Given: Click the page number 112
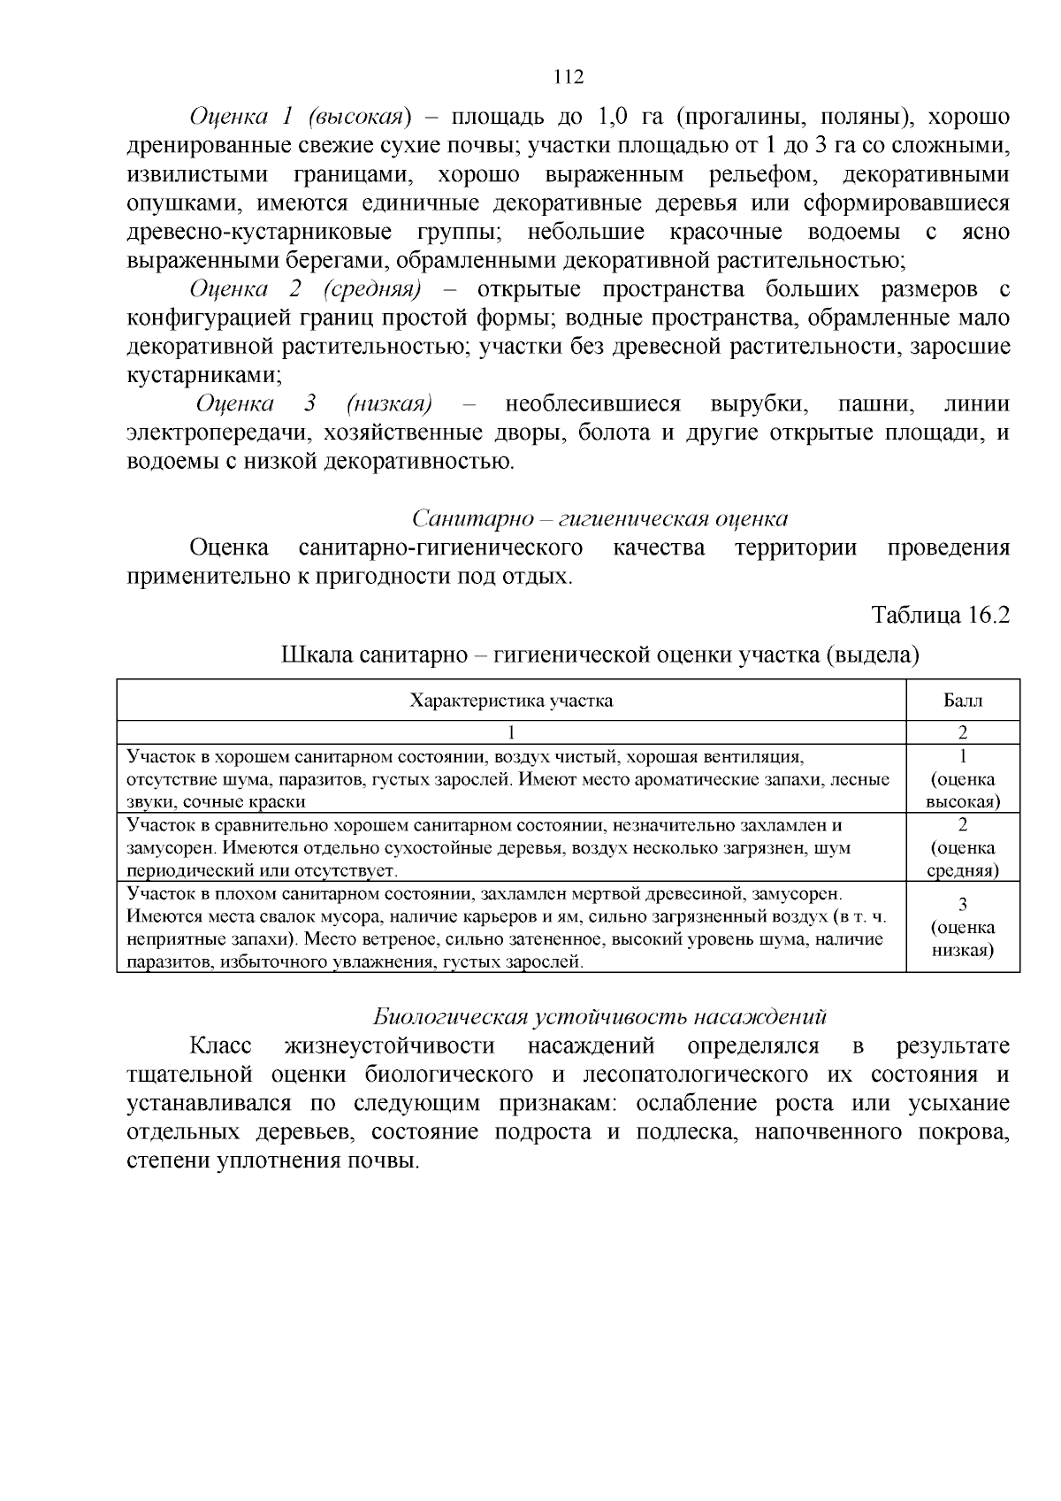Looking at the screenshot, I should [569, 77].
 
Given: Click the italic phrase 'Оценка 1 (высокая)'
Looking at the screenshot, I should [301, 117].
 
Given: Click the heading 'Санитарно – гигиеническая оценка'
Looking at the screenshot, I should [600, 518].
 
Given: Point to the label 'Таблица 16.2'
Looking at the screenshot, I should [940, 614].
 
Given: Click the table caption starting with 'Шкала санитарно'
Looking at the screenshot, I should [600, 655].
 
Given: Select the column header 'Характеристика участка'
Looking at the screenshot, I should [511, 701].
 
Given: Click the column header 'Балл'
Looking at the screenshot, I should [963, 701].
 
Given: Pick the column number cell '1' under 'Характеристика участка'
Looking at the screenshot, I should [511, 733].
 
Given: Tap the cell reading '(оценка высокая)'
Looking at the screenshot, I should [963, 790].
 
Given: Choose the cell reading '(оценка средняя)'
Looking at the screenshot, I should [963, 859].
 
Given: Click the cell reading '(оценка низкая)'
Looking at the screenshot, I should [963, 939].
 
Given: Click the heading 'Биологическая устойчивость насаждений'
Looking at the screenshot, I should [599, 1016].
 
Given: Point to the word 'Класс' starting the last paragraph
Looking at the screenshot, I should [220, 1045].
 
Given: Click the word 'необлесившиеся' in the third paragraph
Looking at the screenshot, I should [592, 404].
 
